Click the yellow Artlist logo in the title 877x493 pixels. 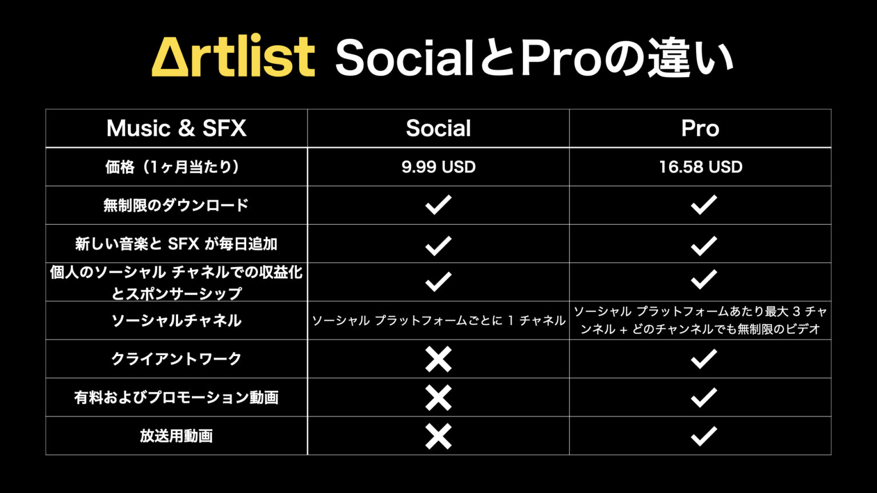click(x=233, y=57)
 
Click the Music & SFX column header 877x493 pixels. click(x=176, y=128)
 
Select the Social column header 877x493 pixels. click(x=438, y=128)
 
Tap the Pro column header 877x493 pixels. click(x=700, y=128)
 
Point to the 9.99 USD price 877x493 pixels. click(x=438, y=167)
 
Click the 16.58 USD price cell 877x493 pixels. click(x=700, y=167)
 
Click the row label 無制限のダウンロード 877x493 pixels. click(x=176, y=205)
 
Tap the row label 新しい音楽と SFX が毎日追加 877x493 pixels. click(x=176, y=244)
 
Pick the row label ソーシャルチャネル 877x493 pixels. click(x=176, y=321)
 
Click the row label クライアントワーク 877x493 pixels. click(x=176, y=359)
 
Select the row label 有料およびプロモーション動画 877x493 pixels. click(x=176, y=398)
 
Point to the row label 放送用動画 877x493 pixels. click(x=176, y=436)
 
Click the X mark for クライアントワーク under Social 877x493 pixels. click(x=438, y=359)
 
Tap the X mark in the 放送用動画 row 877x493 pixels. click(x=438, y=437)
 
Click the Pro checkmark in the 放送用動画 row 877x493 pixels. click(x=703, y=437)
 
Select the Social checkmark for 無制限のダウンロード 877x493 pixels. click(x=438, y=205)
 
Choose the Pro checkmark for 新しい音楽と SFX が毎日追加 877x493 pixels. click(x=703, y=245)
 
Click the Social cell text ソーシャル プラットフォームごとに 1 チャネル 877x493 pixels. click(x=438, y=321)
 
